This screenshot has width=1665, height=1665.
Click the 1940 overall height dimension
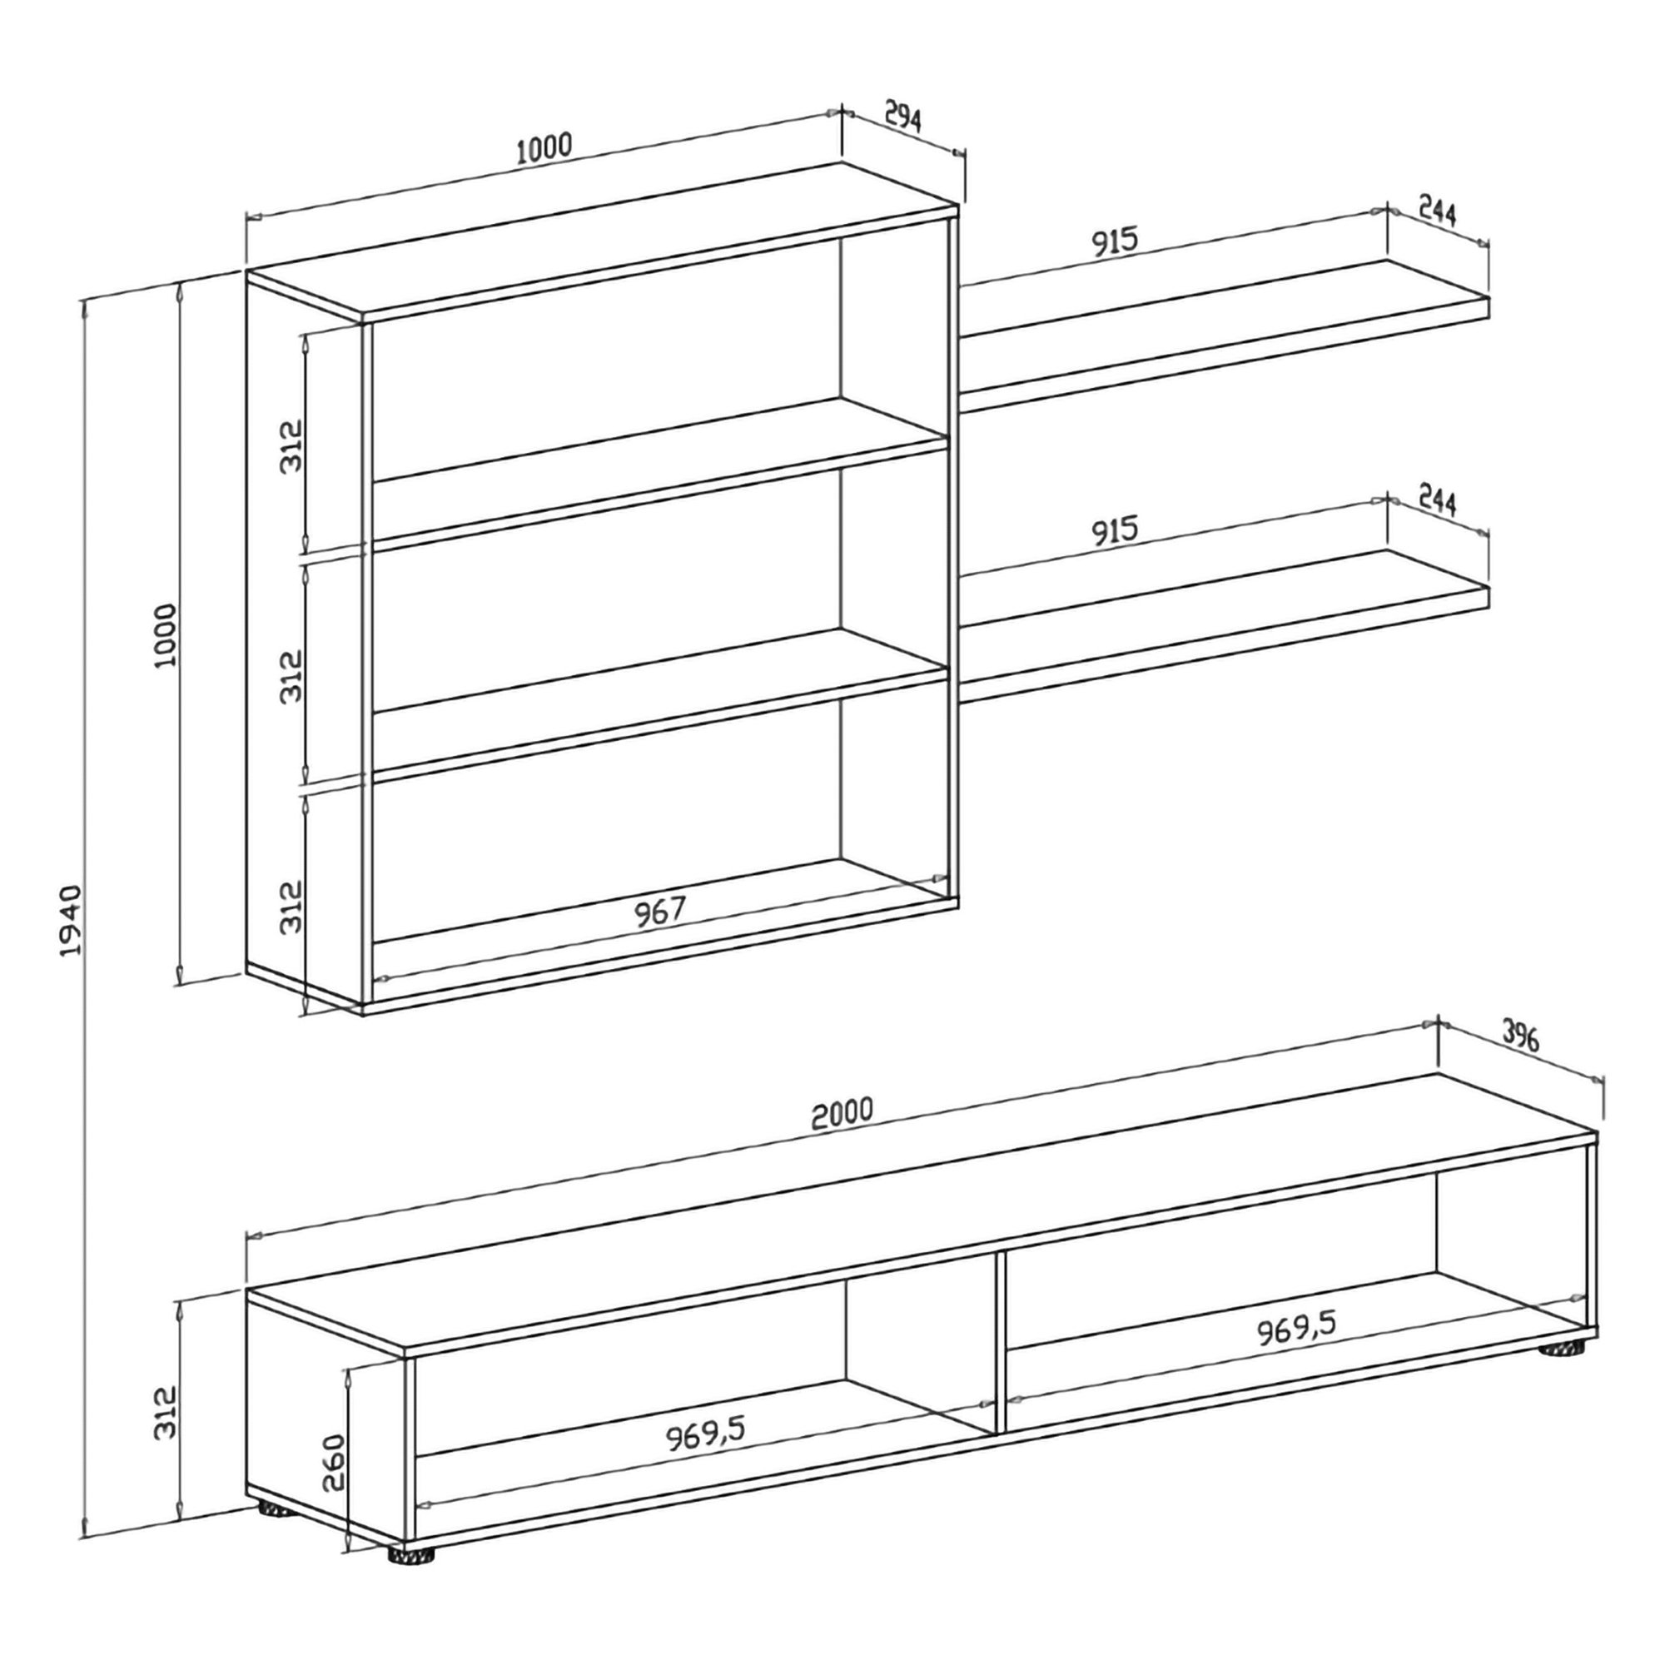[70, 919]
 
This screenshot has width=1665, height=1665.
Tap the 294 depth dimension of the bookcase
[902, 118]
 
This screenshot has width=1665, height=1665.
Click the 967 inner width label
[659, 912]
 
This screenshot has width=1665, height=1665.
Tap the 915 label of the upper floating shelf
[1116, 242]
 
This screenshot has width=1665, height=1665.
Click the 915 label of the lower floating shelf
[1116, 532]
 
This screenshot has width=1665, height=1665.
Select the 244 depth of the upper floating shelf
[1437, 212]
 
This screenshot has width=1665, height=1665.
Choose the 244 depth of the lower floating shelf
[1437, 501]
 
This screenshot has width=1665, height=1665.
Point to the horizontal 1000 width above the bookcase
[544, 148]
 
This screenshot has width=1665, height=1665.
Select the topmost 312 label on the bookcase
[293, 445]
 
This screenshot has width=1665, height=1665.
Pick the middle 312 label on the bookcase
[293, 677]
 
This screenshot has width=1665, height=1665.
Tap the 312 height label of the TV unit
[165, 1413]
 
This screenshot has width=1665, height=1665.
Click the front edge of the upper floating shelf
[1224, 356]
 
